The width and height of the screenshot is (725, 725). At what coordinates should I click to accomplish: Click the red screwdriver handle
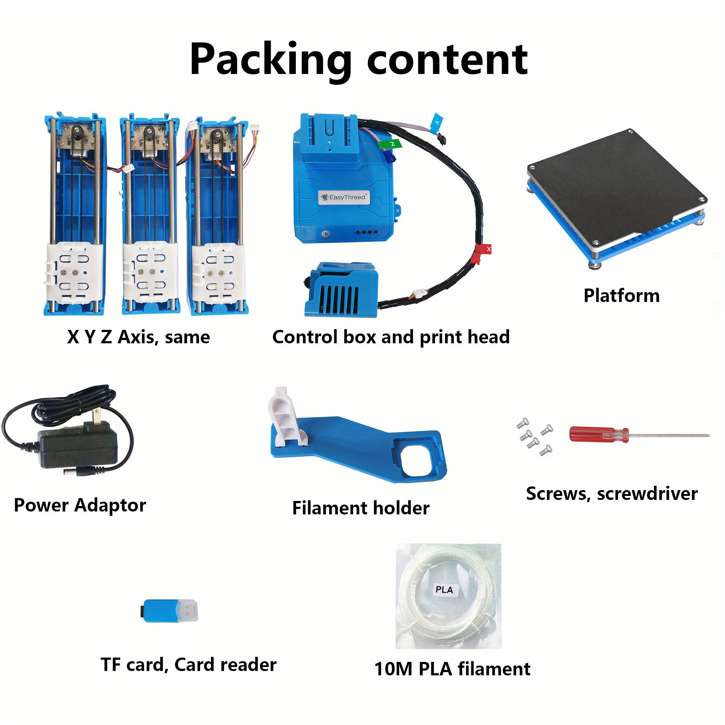coord(599,435)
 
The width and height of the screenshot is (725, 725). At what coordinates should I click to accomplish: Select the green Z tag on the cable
coord(390,144)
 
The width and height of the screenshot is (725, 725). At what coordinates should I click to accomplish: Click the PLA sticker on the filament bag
coord(444,589)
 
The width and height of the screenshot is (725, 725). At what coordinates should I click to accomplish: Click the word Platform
coord(621,296)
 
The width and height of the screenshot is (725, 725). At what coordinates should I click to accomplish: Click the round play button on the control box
coord(326,234)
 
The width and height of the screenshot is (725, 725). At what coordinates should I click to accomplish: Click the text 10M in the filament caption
coord(394,669)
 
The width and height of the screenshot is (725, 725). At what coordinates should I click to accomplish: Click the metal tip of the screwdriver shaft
coord(709,436)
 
